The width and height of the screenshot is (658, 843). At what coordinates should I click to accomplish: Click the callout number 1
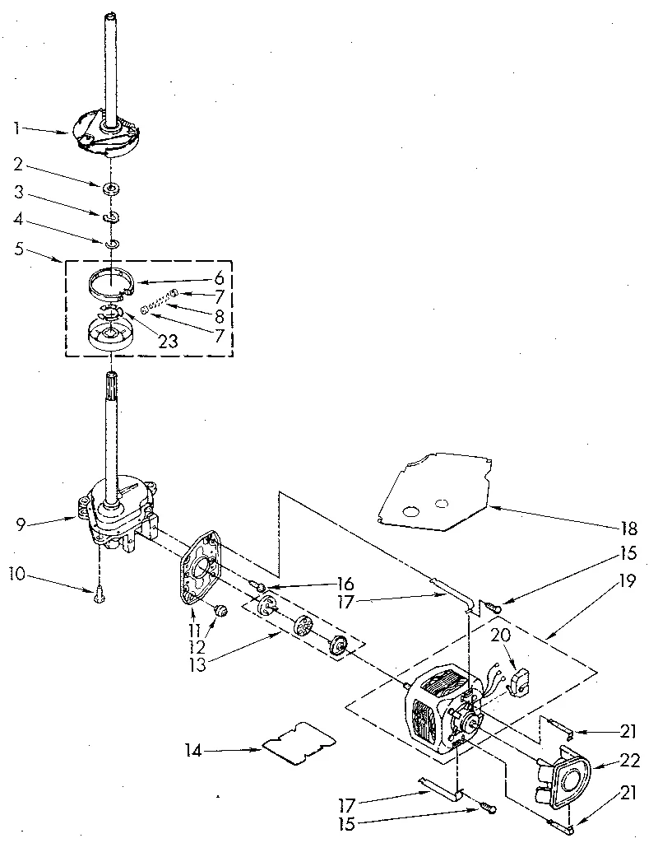16,128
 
